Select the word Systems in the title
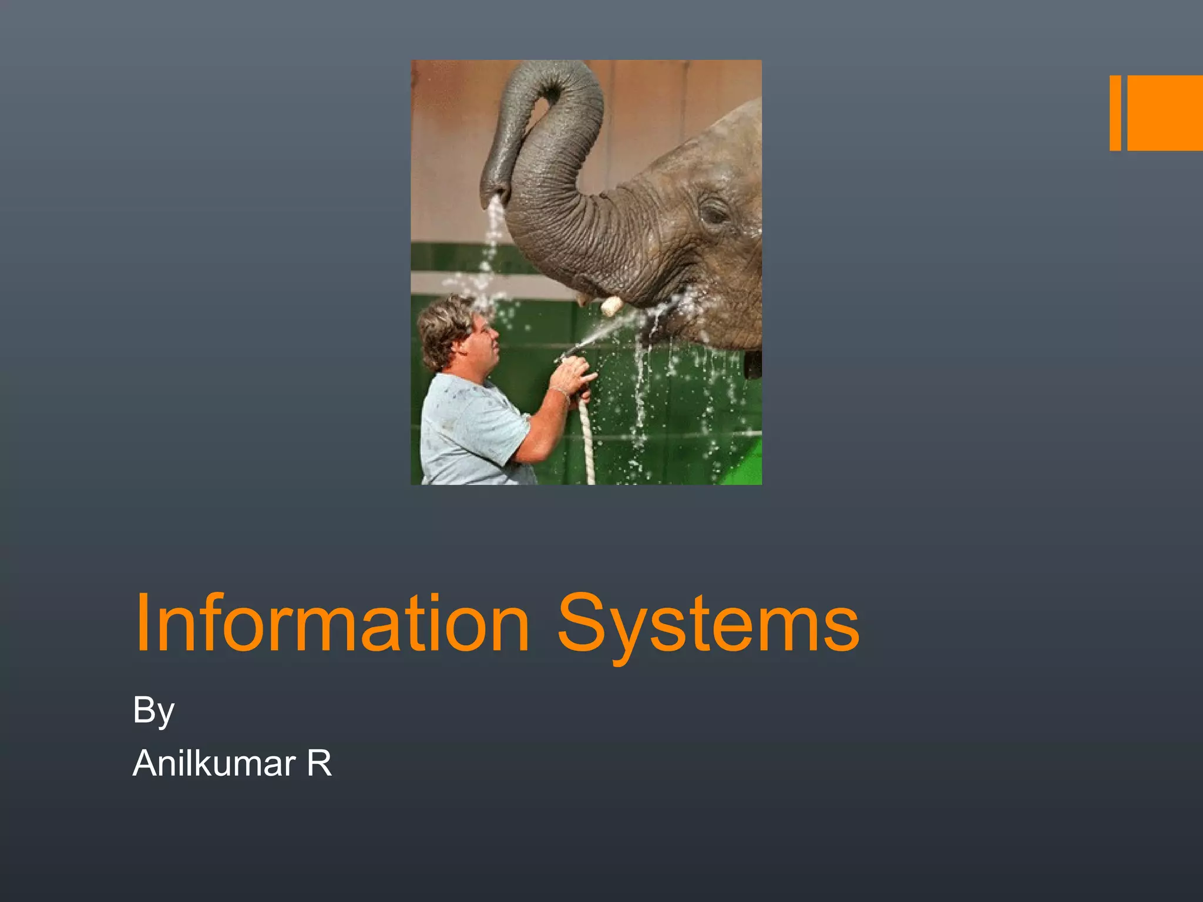[708, 625]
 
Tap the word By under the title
[153, 711]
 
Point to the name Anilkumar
[214, 763]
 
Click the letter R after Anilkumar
[320, 763]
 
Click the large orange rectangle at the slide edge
[1165, 113]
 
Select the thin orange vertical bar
[1115, 113]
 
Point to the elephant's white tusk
[611, 305]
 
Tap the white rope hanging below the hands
[586, 440]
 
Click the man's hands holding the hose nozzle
[573, 373]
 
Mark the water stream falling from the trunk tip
[490, 247]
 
